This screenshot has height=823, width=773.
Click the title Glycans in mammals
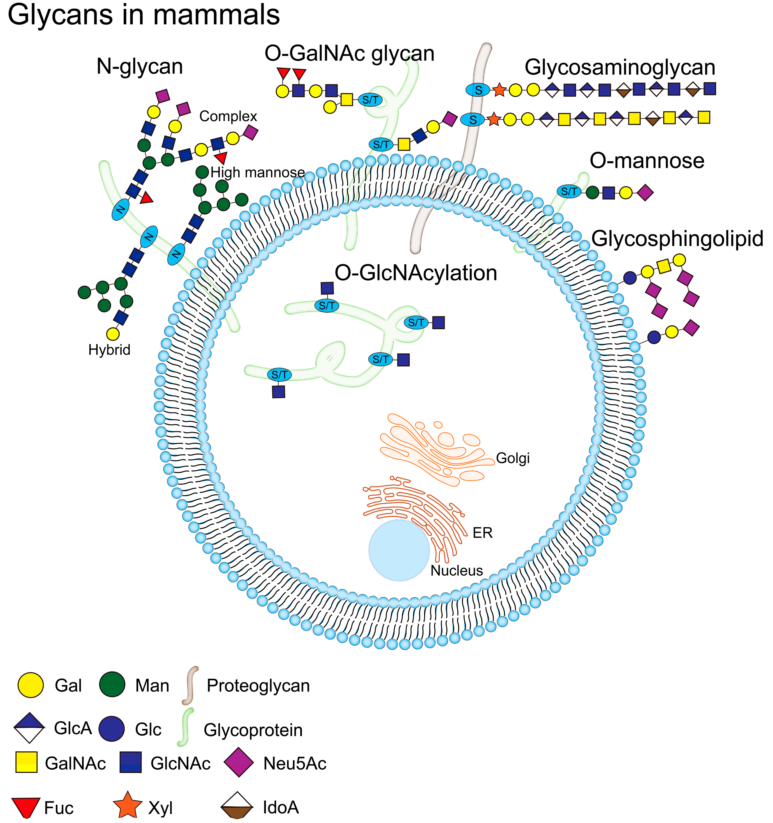click(144, 15)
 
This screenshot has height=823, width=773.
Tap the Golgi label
click(512, 458)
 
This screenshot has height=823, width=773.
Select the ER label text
click(482, 533)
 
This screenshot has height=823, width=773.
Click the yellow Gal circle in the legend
click(31, 685)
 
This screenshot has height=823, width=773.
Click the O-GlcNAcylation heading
click(415, 273)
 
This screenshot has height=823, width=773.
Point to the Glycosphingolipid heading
click(677, 239)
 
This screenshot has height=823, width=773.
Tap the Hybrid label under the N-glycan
click(109, 350)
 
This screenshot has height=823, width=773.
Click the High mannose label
click(257, 173)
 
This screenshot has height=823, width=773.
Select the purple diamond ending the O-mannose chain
click(645, 192)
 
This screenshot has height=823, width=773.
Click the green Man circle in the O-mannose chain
click(593, 192)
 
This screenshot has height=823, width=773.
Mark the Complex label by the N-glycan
click(228, 116)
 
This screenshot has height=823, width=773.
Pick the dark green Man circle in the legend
click(112, 685)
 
